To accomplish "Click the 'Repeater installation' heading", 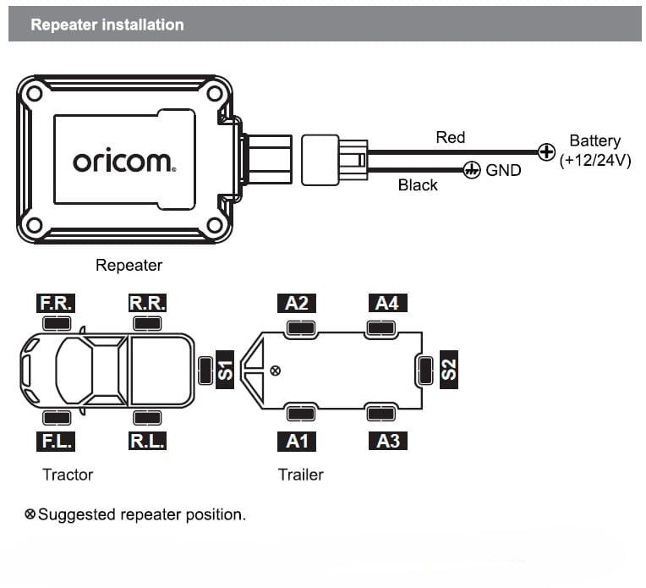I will [x=107, y=25].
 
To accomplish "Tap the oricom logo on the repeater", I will [x=123, y=161].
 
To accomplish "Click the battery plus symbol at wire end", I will [x=547, y=153].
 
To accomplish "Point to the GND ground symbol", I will [x=472, y=170].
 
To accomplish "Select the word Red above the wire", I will [x=450, y=137].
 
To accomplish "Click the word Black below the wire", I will [x=418, y=185].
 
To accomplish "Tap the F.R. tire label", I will [x=57, y=303].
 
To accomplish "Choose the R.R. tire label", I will [x=147, y=303].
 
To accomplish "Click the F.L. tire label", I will [x=57, y=441].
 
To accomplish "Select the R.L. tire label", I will [x=147, y=441].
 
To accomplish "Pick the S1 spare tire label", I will [x=225, y=370].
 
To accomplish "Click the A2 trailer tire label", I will [x=297, y=303].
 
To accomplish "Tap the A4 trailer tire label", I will [x=386, y=303].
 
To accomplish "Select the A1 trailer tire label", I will [x=297, y=441].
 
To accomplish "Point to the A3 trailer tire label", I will [x=386, y=441].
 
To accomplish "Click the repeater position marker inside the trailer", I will [x=275, y=371].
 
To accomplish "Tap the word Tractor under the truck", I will [x=68, y=475].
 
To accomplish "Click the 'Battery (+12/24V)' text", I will [x=595, y=151].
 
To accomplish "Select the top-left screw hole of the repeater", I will [x=34, y=95].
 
